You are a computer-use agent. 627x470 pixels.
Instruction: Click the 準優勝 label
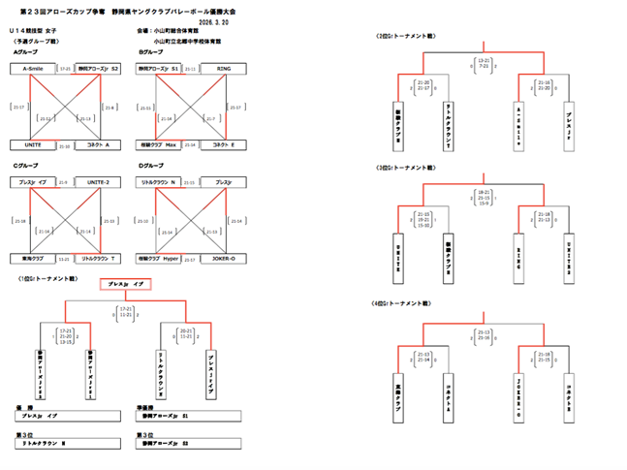click(x=146, y=407)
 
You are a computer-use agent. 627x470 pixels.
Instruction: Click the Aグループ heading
click(x=25, y=51)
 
